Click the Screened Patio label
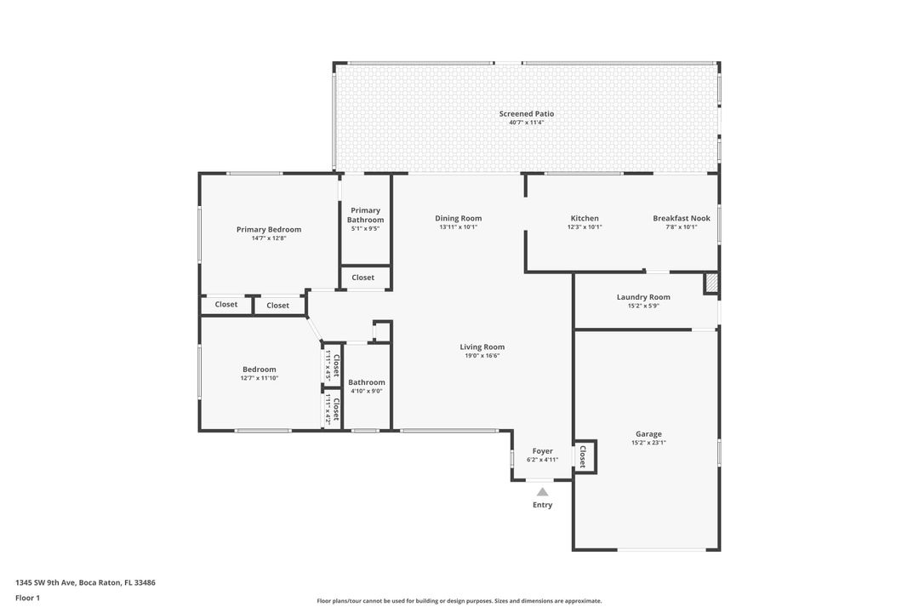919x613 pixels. click(x=526, y=113)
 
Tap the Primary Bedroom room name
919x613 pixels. click(x=268, y=229)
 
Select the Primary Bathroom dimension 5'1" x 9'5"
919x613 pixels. click(x=364, y=228)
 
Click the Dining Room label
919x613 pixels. click(x=458, y=218)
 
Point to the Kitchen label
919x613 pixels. click(x=584, y=218)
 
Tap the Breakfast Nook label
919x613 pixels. click(x=681, y=218)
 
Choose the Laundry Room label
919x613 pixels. click(x=642, y=297)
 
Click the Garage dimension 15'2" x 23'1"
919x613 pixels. click(x=648, y=443)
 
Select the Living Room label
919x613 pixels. click(x=482, y=347)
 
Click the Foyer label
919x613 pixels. click(x=542, y=450)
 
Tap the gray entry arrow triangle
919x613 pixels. click(x=542, y=491)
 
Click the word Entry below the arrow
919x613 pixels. click(x=542, y=505)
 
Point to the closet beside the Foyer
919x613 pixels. click(x=584, y=457)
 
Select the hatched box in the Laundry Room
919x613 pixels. click(x=711, y=284)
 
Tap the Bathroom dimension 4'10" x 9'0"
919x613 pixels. click(x=366, y=392)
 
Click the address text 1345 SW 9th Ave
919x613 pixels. click(x=85, y=583)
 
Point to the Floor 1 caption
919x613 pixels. click(x=27, y=598)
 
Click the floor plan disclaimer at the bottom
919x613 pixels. click(x=459, y=601)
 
